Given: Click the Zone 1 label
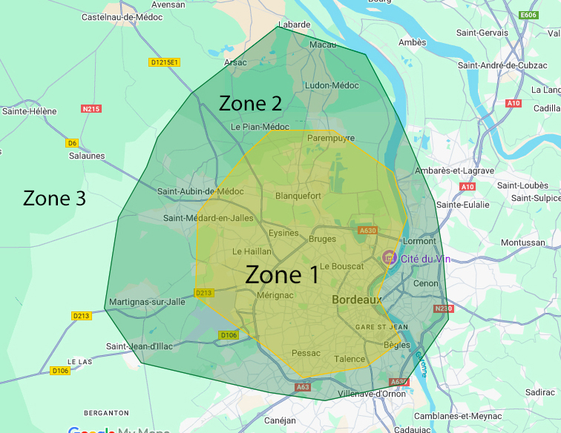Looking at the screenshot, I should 282,275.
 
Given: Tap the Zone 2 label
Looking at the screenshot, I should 250,104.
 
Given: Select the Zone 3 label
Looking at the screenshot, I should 54,199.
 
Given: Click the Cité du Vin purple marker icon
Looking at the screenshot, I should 388,257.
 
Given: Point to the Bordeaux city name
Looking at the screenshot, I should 356,300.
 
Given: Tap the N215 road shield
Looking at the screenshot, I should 91,109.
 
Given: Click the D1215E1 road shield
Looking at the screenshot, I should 164,62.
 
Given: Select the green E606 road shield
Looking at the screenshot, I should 528,15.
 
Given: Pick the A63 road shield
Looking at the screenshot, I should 303,386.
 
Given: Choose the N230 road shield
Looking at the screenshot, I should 442,308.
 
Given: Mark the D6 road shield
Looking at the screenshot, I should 72,143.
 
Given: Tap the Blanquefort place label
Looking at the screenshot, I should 298,196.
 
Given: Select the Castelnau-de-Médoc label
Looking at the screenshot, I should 122,16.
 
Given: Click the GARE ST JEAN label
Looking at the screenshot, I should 381,326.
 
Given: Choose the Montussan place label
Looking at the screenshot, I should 522,242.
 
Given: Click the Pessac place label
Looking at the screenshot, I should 306,353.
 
